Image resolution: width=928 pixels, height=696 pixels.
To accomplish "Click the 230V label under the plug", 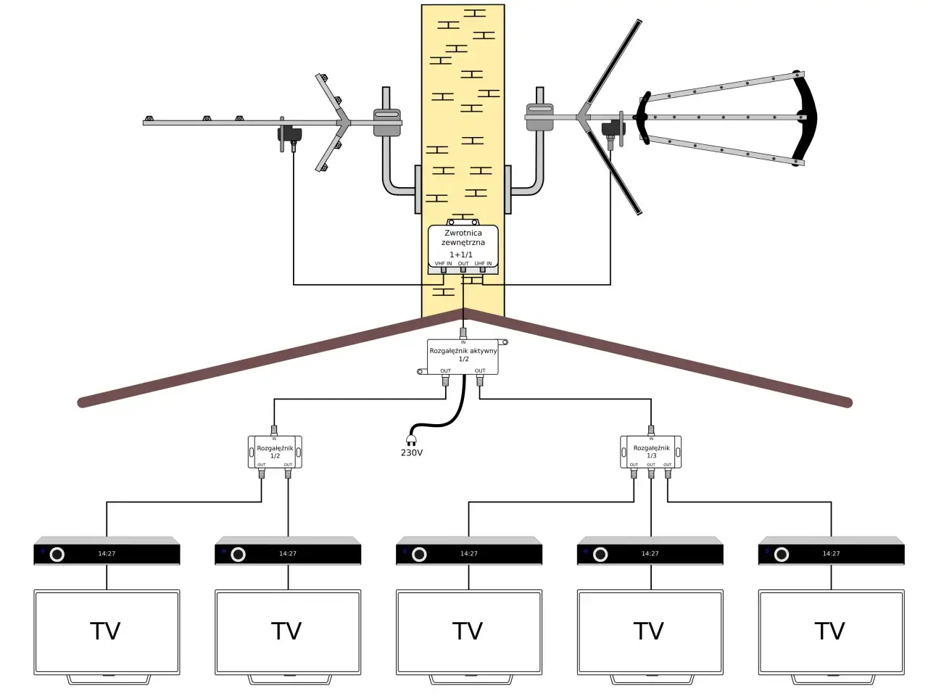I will (411, 453).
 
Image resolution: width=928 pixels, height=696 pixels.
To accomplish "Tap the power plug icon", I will (411, 439).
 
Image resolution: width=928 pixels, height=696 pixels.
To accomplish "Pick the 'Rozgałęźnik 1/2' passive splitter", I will (275, 452).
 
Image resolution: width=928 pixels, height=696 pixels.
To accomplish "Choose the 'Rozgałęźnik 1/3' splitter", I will (651, 452).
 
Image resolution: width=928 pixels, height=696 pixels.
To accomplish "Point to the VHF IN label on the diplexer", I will (443, 264).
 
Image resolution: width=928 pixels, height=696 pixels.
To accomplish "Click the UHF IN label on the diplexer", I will (483, 264).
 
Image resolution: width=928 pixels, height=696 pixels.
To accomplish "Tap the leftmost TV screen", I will (107, 631).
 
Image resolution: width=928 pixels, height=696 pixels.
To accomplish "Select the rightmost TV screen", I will (831, 631).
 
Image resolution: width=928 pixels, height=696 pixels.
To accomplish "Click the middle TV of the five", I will (468, 631).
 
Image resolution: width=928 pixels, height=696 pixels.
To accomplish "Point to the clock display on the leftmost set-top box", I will (107, 554).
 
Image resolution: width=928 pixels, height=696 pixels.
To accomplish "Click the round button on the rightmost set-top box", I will (782, 555).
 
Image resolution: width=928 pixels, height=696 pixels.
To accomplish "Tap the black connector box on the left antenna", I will (290, 134).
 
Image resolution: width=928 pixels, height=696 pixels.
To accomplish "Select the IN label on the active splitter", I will (463, 342).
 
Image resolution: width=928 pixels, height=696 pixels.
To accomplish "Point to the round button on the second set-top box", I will (238, 555).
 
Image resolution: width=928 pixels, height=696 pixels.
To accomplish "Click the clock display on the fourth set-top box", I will (650, 554).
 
